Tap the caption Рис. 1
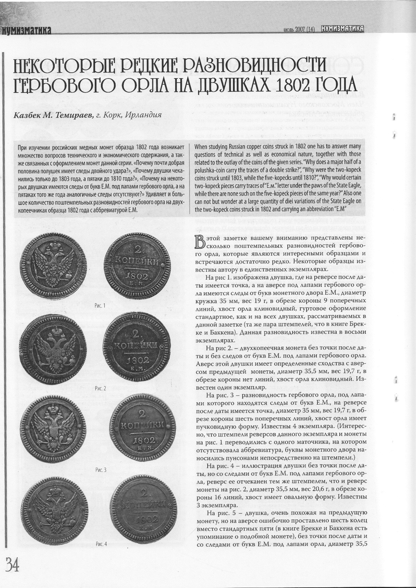[101, 305]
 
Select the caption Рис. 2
[101, 388]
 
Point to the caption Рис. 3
[101, 470]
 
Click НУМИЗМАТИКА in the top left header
[26, 31]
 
